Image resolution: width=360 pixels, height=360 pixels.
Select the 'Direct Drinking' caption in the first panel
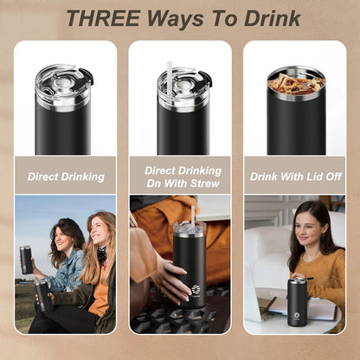[66, 177]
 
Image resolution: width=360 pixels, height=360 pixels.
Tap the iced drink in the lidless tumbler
[296, 83]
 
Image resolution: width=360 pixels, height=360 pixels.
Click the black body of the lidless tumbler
[296, 125]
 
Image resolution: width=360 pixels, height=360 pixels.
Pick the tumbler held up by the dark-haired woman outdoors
[26, 260]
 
